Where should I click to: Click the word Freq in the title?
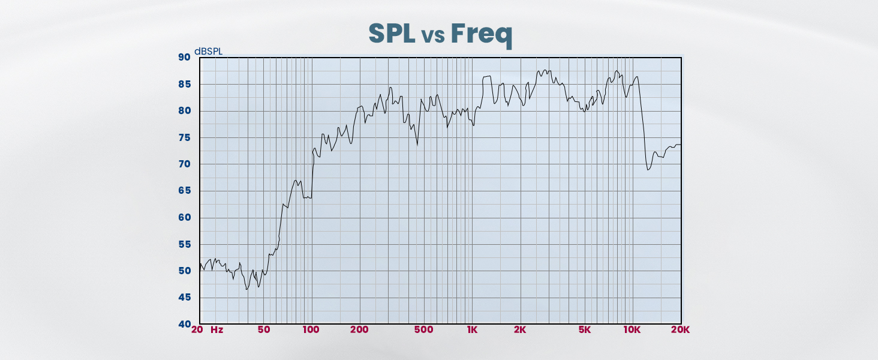point(482,34)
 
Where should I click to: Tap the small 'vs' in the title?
point(432,36)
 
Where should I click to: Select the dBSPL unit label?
point(208,52)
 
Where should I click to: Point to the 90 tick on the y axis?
point(184,58)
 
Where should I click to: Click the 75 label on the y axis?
point(184,137)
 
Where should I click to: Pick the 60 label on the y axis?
point(184,218)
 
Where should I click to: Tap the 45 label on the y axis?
point(184,298)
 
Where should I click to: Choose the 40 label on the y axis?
point(184,324)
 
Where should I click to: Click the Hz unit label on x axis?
point(217,330)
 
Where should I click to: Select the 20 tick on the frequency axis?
point(197,330)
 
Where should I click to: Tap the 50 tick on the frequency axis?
point(264,330)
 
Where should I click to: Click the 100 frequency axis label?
point(311,330)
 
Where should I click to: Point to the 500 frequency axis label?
point(423,330)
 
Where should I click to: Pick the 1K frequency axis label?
point(472,330)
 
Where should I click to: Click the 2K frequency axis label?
point(520,330)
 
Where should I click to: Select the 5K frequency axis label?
point(585,330)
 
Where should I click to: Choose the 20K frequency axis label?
point(680,330)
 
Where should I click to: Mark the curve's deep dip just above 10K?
point(648,170)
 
